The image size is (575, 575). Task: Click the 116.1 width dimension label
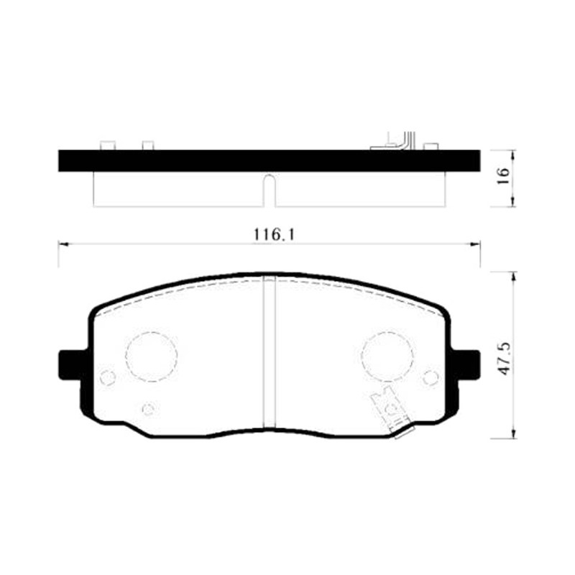[x=274, y=235]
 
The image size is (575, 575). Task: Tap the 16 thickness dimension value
[x=504, y=176]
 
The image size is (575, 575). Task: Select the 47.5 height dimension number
[x=504, y=358]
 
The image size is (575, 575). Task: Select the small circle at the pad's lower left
[x=148, y=408]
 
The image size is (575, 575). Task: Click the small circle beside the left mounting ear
[x=108, y=377]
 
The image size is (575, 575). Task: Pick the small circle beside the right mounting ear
[x=431, y=377]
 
